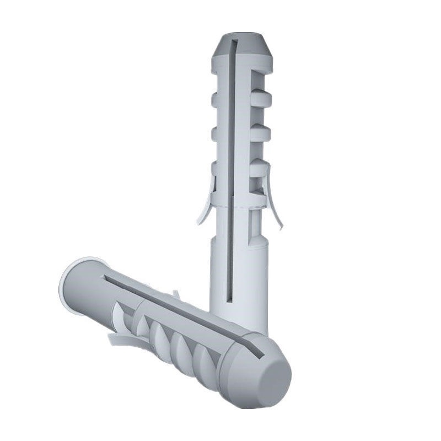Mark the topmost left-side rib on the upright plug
pyautogui.click(x=217, y=100)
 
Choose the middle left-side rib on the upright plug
pyautogui.click(x=217, y=133)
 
